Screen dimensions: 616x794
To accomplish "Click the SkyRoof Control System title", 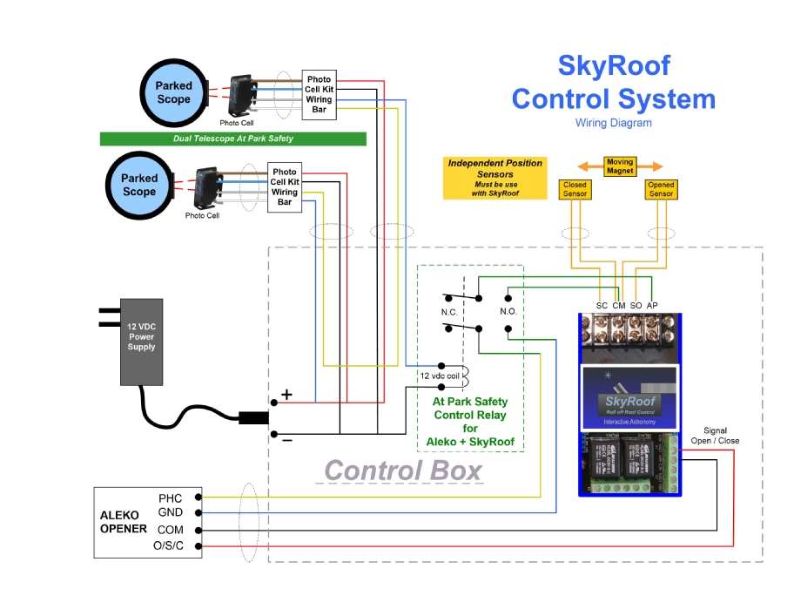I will point(613,83).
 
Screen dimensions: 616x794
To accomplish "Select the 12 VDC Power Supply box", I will point(141,342).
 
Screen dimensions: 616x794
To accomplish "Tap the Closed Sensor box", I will point(575,189).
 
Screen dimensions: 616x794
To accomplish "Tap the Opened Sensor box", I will point(661,189).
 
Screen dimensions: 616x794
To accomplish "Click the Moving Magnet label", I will point(619,166).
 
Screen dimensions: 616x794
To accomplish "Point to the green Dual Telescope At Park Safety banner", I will point(232,139).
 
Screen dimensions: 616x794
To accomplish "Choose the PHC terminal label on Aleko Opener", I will point(171,498).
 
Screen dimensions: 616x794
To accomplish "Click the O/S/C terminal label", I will point(169,546).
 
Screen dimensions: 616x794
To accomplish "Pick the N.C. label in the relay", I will point(449,311).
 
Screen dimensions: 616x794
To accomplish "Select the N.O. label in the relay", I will point(508,311).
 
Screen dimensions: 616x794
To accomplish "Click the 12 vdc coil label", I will point(438,376).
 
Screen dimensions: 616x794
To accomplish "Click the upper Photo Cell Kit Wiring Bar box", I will point(319,94).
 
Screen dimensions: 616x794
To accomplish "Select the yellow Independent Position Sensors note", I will point(495,178).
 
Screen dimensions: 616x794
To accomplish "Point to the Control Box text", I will point(403,470).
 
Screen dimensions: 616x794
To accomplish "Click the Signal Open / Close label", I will point(715,435).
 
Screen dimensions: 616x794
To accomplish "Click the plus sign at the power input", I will point(286,395).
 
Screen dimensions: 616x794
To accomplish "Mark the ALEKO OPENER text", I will point(124,522).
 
